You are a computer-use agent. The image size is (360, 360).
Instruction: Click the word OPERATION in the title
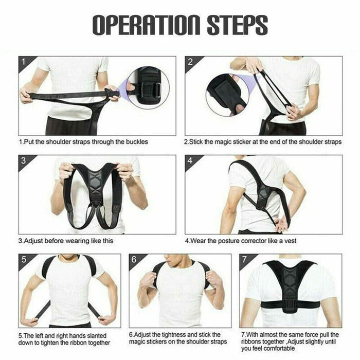click(x=146, y=25)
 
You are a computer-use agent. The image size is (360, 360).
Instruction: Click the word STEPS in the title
click(x=237, y=25)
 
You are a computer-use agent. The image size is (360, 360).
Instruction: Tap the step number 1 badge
click(x=25, y=62)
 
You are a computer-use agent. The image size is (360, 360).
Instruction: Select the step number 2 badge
click(x=192, y=62)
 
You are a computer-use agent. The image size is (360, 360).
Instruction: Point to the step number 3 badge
click(x=25, y=161)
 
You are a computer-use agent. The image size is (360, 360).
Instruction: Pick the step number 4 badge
click(x=192, y=161)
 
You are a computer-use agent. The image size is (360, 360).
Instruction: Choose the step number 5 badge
click(x=25, y=260)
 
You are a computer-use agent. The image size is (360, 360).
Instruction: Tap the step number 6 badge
click(x=136, y=260)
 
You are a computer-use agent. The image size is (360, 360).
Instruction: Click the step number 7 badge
click(x=246, y=260)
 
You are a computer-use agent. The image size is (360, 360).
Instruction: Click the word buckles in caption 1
click(x=137, y=142)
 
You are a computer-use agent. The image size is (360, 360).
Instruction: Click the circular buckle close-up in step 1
click(x=148, y=87)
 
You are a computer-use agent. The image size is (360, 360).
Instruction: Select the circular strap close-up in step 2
click(x=227, y=95)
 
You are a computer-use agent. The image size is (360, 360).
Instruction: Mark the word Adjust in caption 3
click(x=34, y=241)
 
